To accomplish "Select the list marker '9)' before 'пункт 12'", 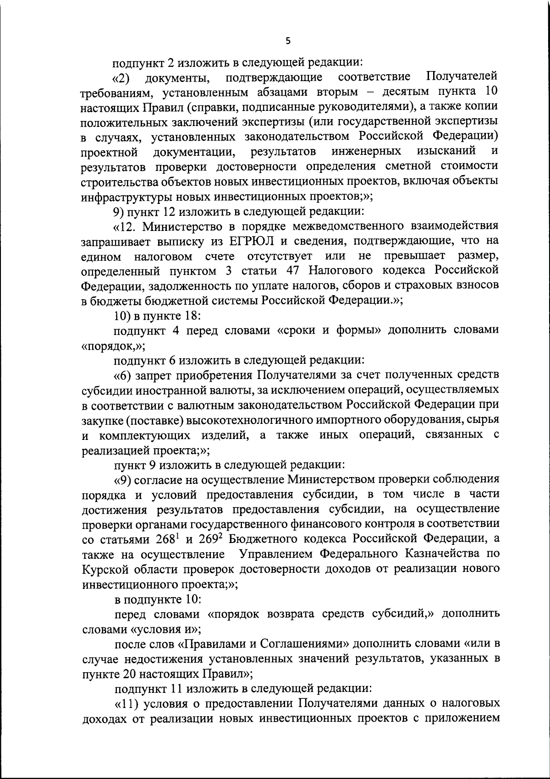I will [119, 211].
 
